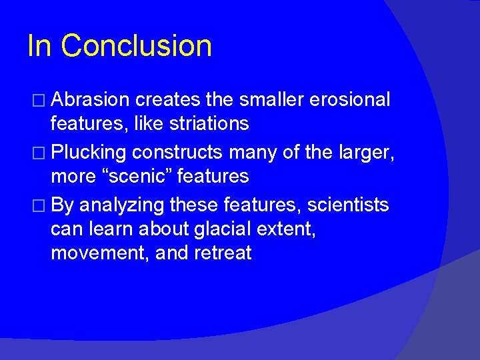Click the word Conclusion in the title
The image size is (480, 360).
tap(137, 46)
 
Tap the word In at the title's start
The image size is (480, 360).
tap(39, 46)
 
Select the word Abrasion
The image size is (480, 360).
tap(90, 100)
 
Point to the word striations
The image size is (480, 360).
tap(211, 124)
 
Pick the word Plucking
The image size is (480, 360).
tap(89, 152)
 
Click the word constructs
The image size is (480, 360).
tap(177, 152)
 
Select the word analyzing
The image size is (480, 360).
tap(123, 204)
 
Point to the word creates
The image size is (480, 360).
tap(167, 100)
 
